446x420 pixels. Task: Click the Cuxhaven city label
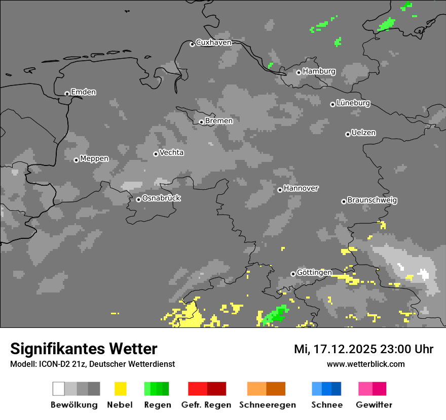(213, 43)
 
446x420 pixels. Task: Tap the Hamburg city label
(319, 71)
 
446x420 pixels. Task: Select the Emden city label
(83, 92)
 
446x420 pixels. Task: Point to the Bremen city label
(219, 121)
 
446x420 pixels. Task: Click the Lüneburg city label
(353, 103)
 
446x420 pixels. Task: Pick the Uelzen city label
(363, 133)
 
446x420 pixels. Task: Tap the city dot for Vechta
(156, 154)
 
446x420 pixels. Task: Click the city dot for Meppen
(76, 160)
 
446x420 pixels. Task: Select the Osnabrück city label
(161, 198)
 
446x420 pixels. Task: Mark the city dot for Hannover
(280, 190)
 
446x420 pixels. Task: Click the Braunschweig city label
(372, 200)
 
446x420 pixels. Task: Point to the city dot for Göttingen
(293, 274)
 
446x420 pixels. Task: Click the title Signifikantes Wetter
(84, 349)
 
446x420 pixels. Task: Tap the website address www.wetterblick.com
(365, 364)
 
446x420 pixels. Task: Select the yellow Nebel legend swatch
(120, 389)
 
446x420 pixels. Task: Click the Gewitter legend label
(374, 405)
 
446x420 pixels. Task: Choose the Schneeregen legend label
(267, 405)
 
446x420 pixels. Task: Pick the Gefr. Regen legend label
(206, 405)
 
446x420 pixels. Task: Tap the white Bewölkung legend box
(58, 389)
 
